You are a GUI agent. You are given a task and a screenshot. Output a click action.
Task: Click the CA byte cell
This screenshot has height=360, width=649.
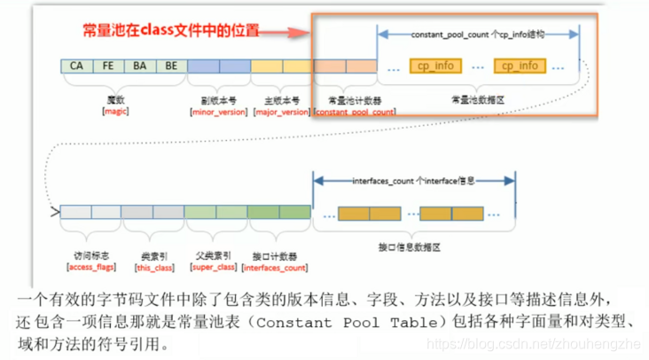click(76, 66)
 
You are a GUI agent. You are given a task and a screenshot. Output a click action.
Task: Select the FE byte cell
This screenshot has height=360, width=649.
click(108, 66)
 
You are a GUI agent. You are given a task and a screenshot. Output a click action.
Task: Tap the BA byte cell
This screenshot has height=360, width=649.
click(139, 66)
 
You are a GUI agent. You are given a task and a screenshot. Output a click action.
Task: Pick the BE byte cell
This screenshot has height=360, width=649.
click(171, 66)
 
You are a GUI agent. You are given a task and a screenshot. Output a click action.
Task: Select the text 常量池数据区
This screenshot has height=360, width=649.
click(478, 100)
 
